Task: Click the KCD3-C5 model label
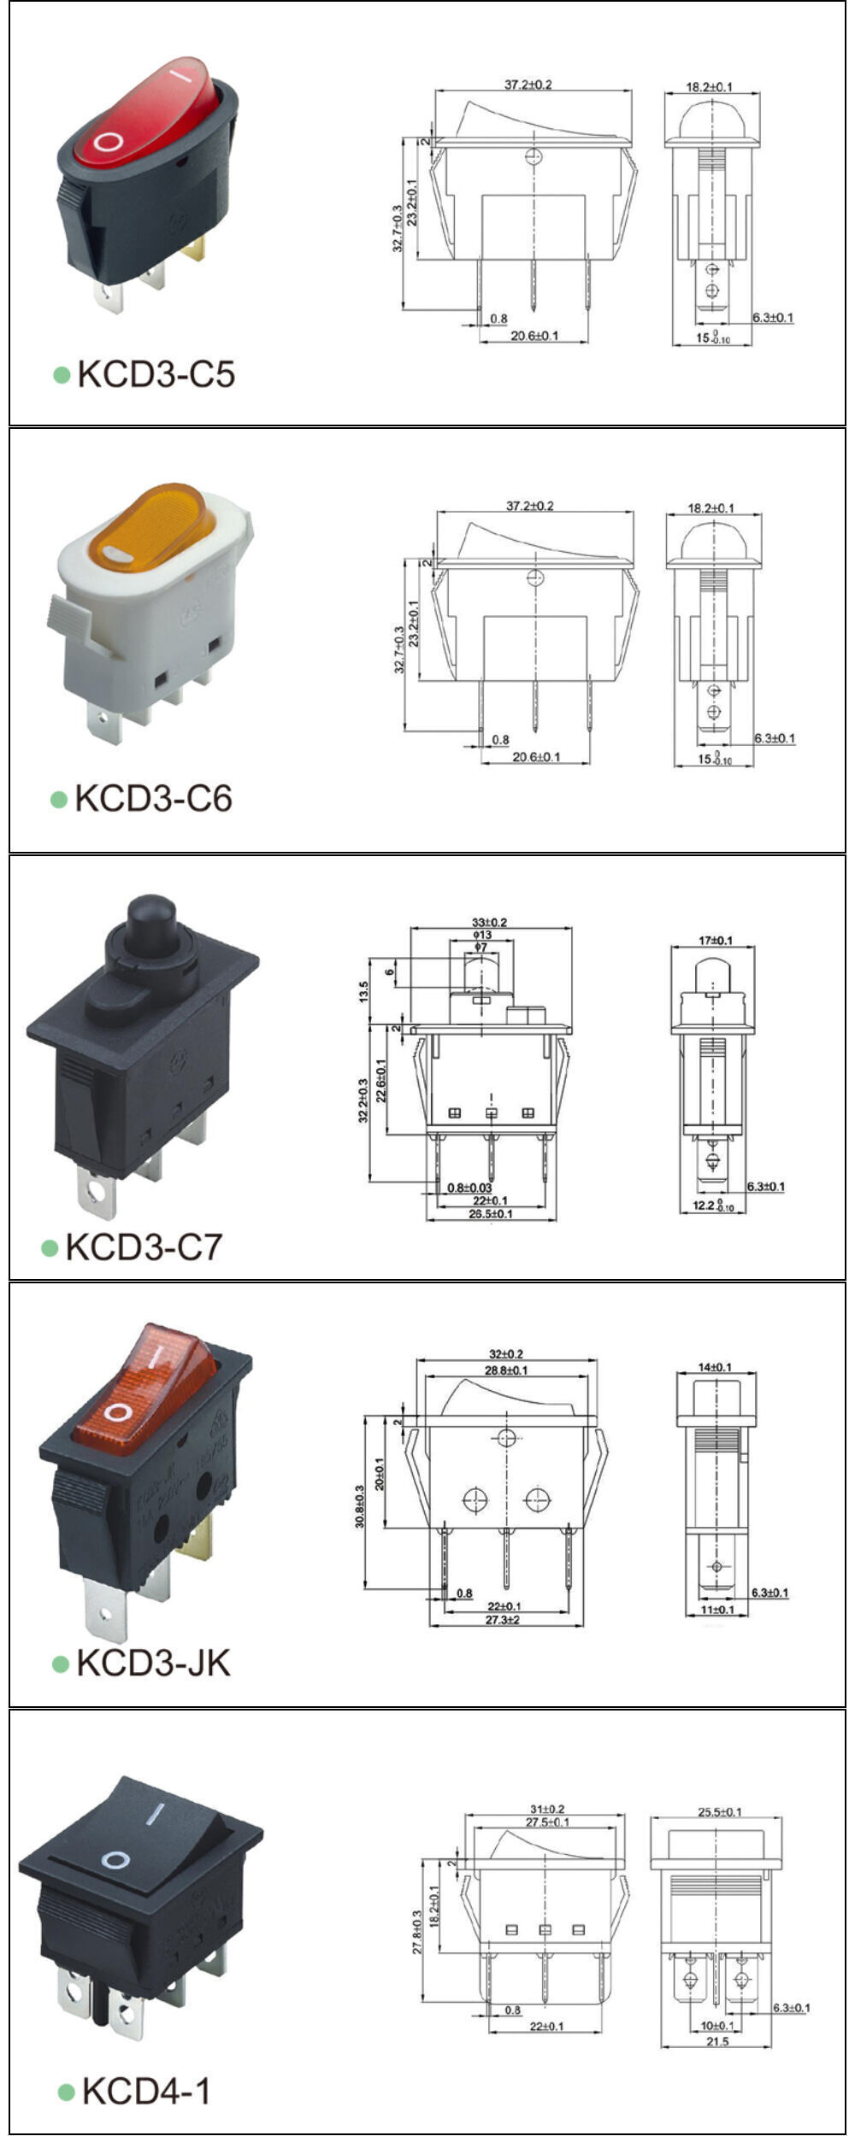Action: (x=156, y=374)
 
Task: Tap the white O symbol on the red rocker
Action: (x=108, y=142)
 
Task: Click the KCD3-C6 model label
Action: (x=153, y=798)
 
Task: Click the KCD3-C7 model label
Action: (x=144, y=1247)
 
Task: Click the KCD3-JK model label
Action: (x=153, y=1663)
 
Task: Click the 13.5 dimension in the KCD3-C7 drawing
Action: (x=364, y=991)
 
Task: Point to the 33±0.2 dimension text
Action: (x=490, y=922)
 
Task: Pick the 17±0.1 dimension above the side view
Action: (x=715, y=940)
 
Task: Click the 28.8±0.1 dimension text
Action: (x=506, y=1370)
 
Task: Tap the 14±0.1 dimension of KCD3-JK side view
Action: (x=715, y=1367)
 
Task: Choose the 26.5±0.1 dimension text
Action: (x=491, y=1214)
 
